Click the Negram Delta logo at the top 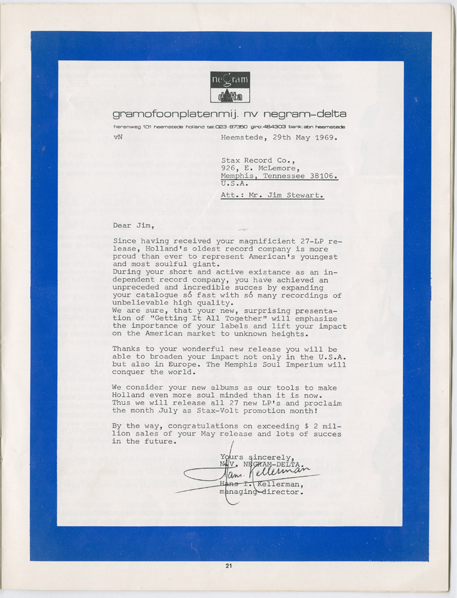coord(230,87)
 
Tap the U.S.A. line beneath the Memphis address coord(235,184)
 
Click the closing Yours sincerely coord(257,456)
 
